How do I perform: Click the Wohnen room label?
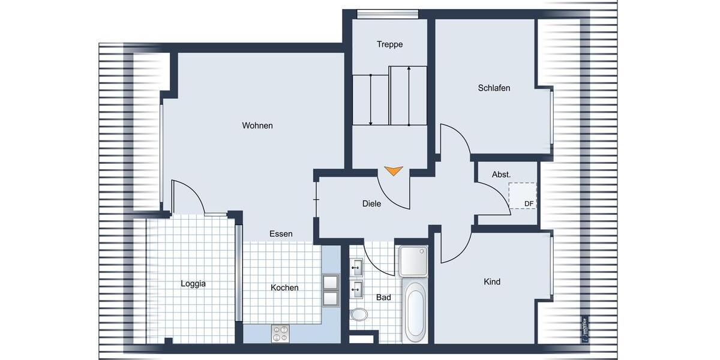click(x=257, y=125)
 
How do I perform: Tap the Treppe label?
click(x=389, y=44)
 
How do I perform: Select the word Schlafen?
click(x=494, y=88)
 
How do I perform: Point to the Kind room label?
click(x=492, y=282)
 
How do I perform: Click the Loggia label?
click(x=193, y=284)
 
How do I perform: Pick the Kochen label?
click(x=284, y=288)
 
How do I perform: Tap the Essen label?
click(x=281, y=234)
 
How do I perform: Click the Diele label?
click(x=372, y=204)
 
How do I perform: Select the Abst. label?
click(x=502, y=175)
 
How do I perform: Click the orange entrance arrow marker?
click(x=393, y=171)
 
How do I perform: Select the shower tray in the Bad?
click(x=414, y=261)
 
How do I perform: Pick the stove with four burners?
click(x=280, y=333)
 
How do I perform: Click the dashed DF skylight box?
click(x=522, y=196)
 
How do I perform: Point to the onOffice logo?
click(x=585, y=329)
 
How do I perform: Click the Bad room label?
click(x=383, y=298)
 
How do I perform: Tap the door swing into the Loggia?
click(x=186, y=195)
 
